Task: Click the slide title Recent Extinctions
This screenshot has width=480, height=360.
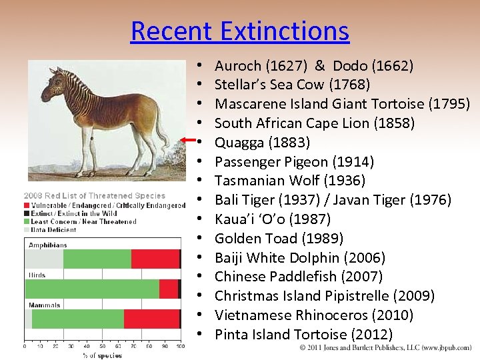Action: tap(239, 31)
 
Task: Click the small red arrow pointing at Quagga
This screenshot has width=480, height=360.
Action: tap(189, 139)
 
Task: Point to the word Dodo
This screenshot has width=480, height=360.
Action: tap(350, 66)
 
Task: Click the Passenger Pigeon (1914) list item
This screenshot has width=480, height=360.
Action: tap(294, 162)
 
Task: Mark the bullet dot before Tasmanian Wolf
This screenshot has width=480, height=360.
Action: tap(200, 181)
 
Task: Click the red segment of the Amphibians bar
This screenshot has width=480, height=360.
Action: tap(155, 259)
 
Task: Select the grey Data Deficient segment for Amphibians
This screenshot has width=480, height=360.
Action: tap(44, 259)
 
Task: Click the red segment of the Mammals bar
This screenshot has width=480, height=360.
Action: tap(151, 319)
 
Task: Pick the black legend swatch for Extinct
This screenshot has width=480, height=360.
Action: tap(27, 213)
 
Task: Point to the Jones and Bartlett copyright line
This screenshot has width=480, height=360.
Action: tap(385, 347)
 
